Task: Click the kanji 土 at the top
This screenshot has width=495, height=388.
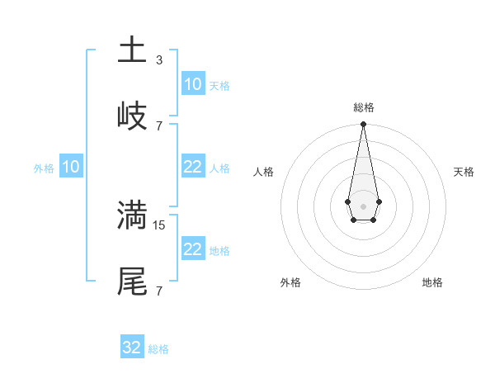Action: [132, 50]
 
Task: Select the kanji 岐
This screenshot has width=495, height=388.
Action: [132, 116]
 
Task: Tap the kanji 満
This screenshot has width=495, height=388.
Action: [132, 215]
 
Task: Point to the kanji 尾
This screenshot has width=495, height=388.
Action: [132, 281]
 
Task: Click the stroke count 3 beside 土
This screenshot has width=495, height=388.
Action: [159, 60]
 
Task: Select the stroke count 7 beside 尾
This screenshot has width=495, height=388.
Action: [159, 291]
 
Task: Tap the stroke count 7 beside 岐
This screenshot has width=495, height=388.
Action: [159, 125]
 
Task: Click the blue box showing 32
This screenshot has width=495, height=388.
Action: [132, 348]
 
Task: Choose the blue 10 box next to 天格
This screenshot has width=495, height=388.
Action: [192, 84]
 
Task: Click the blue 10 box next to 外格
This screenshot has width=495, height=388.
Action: [71, 167]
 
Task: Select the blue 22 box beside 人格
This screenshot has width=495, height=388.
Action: [192, 167]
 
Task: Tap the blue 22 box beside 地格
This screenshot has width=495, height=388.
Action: [192, 249]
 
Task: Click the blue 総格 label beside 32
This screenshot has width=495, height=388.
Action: [158, 349]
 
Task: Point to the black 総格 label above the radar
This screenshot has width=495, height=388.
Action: [363, 107]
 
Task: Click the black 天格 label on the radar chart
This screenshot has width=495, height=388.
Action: [464, 172]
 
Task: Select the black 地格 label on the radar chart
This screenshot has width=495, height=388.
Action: [432, 282]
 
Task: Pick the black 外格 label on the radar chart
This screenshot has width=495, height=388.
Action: [290, 282]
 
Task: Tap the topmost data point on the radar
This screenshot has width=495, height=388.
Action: [363, 125]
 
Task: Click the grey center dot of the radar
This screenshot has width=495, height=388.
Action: [363, 205]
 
